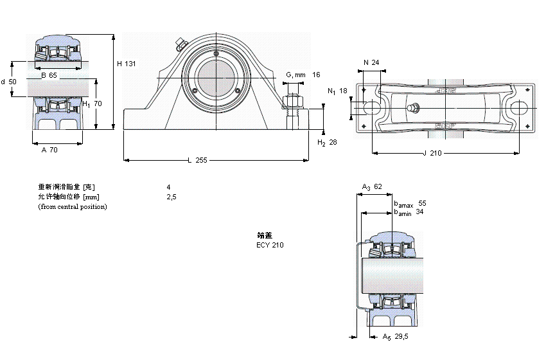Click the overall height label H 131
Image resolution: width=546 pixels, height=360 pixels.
pyautogui.click(x=127, y=64)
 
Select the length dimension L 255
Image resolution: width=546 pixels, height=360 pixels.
pyautogui.click(x=197, y=161)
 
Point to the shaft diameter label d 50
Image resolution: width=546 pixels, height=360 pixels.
pyautogui.click(x=8, y=82)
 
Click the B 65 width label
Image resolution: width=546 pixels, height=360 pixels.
pyautogui.click(x=49, y=75)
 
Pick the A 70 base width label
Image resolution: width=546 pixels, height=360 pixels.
pyautogui.click(x=49, y=150)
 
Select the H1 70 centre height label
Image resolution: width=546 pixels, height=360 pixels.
pyautogui.click(x=92, y=103)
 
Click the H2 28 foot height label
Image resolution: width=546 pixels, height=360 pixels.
pyautogui.click(x=327, y=142)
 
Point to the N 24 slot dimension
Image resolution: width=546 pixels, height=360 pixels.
pyautogui.click(x=371, y=62)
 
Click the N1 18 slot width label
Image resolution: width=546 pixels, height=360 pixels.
pyautogui.click(x=337, y=91)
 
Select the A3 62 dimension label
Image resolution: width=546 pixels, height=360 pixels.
pyautogui.click(x=372, y=187)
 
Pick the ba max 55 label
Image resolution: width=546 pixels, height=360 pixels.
pyautogui.click(x=410, y=203)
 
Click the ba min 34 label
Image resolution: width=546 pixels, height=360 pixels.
pyautogui.click(x=409, y=212)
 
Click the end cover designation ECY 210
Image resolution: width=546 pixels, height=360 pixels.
pyautogui.click(x=270, y=245)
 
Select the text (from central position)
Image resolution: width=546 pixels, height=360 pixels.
pyautogui.click(x=73, y=206)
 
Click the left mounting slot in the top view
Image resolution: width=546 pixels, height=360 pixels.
pyautogui.click(x=372, y=107)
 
